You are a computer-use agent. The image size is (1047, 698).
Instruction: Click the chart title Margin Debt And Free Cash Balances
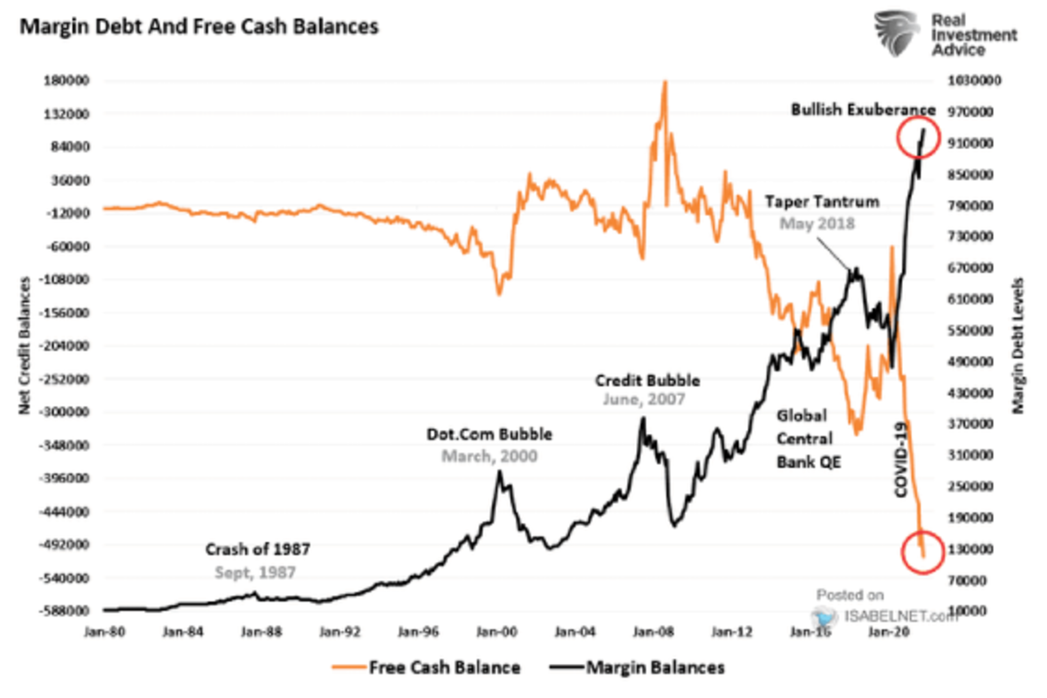[x=199, y=27]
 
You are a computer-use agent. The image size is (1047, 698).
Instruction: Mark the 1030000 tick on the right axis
[x=977, y=81]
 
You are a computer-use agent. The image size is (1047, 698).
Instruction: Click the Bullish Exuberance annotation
[x=863, y=110]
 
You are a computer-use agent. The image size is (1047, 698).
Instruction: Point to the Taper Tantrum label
[x=822, y=202]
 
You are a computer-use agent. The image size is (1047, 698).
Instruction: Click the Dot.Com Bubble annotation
[x=489, y=435]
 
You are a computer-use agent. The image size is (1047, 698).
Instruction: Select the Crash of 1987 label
[x=258, y=551]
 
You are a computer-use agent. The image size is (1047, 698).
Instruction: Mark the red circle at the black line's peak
[x=917, y=137]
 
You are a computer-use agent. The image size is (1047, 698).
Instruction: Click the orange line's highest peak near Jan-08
[x=665, y=82]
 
